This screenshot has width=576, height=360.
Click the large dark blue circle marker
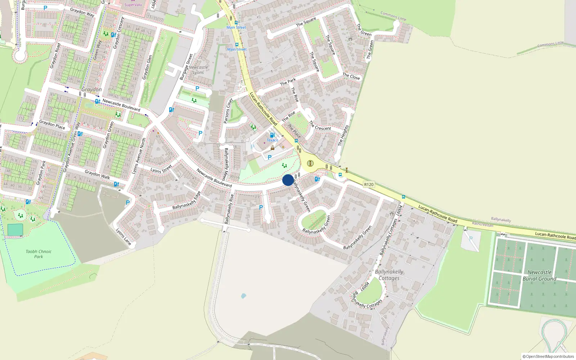(x=288, y=180)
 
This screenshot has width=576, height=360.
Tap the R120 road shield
(x=369, y=184)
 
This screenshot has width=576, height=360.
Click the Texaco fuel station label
(x=272, y=140)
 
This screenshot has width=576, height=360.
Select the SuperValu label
(x=133, y=5)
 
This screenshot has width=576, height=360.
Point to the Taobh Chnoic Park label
(x=39, y=254)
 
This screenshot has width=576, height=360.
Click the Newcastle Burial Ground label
(x=539, y=275)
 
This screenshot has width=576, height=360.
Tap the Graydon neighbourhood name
(x=91, y=89)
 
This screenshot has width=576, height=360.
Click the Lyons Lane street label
(x=123, y=237)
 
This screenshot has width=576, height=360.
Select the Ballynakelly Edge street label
(x=186, y=201)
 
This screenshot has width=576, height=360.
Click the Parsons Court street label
(x=228, y=111)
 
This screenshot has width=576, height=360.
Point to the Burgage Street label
(x=186, y=67)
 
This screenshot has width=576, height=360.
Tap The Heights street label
(x=343, y=135)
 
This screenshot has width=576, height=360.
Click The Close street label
(x=351, y=76)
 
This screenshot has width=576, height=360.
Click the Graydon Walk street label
(x=97, y=175)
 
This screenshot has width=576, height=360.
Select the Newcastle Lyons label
(x=198, y=70)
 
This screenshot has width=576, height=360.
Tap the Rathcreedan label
(x=482, y=224)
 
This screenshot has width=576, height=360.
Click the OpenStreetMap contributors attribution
(x=548, y=356)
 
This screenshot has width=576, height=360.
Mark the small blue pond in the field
(x=243, y=296)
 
